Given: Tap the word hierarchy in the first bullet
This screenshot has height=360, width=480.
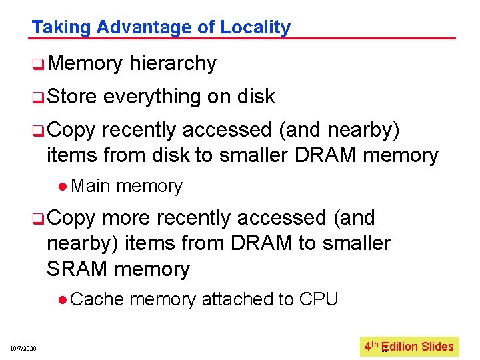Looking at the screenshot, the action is click(173, 63).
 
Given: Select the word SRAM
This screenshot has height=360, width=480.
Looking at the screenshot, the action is click(77, 269).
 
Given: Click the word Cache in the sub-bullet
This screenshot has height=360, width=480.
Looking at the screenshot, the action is click(96, 299).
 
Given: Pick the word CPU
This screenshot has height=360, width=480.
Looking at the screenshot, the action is click(319, 299).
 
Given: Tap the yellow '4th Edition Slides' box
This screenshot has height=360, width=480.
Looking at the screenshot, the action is click(409, 347).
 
